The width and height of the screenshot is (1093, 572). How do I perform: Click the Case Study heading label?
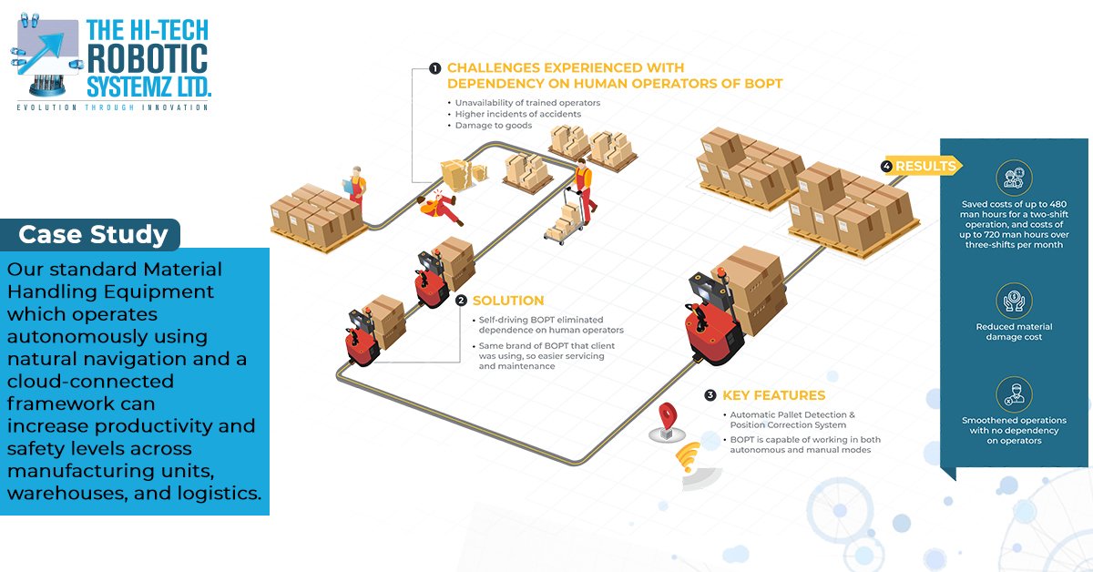[x=93, y=235]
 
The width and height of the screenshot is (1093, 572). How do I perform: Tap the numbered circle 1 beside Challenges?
[x=435, y=68]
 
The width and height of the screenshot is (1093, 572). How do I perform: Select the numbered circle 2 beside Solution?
[x=461, y=301]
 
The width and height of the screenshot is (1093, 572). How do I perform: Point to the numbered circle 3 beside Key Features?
[x=710, y=395]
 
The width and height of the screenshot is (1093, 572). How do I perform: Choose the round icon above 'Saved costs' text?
[x=1014, y=176]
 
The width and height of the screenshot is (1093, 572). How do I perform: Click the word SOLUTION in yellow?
[x=508, y=301]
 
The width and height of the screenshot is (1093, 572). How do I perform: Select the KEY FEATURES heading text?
[x=773, y=395]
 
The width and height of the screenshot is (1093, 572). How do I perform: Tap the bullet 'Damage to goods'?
[x=493, y=125]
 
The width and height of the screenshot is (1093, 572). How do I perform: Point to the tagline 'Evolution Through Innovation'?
[x=113, y=107]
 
